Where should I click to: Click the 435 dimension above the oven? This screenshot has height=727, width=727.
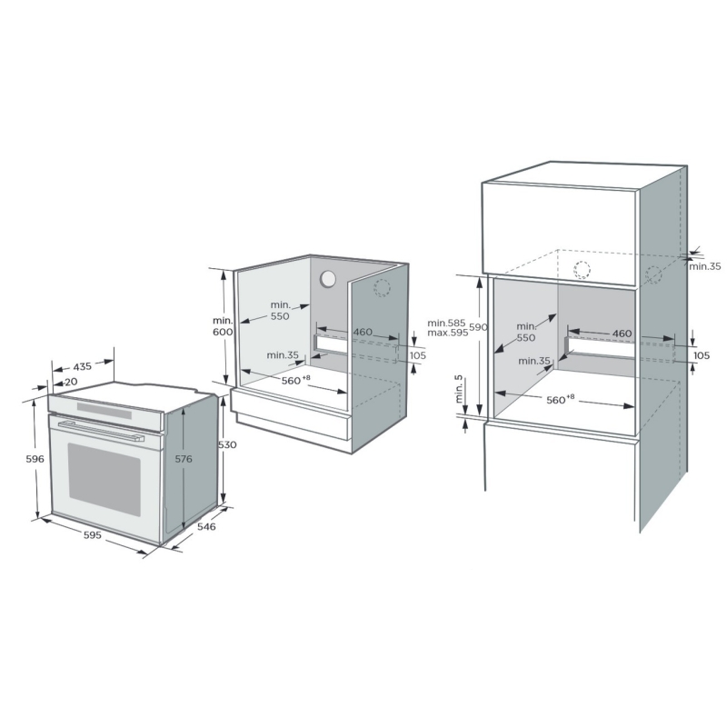click(x=82, y=367)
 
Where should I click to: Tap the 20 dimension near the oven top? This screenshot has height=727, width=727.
click(x=71, y=382)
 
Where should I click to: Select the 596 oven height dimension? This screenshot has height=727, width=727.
click(x=35, y=459)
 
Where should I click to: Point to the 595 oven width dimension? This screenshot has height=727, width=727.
click(x=93, y=535)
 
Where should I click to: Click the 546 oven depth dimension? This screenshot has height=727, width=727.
click(x=206, y=526)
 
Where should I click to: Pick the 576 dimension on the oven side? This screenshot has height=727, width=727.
click(x=184, y=459)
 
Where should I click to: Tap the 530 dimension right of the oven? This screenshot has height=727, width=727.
click(x=227, y=444)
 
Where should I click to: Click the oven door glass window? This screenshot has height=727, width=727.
click(x=105, y=480)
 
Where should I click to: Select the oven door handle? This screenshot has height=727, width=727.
click(x=101, y=431)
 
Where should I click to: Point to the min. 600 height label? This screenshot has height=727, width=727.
click(x=223, y=326)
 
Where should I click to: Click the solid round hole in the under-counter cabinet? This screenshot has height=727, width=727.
click(x=328, y=279)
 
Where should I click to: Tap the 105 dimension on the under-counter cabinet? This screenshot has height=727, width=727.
click(x=418, y=355)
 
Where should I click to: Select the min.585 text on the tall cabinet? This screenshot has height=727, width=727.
click(x=446, y=323)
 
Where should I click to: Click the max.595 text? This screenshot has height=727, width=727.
click(x=448, y=333)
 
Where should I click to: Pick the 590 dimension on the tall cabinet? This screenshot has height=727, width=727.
click(x=478, y=327)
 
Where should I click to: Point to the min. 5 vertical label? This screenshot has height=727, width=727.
click(x=459, y=389)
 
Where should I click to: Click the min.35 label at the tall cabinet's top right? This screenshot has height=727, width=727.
click(x=705, y=266)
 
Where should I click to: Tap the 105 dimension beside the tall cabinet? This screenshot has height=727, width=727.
click(x=702, y=355)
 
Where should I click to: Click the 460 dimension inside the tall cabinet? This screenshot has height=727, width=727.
click(x=622, y=334)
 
